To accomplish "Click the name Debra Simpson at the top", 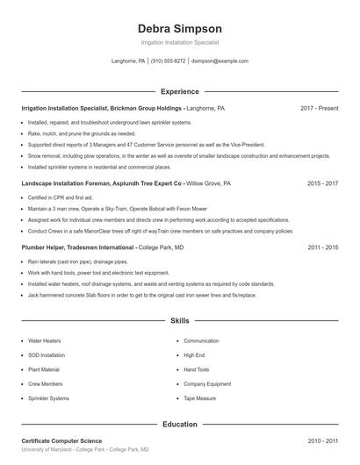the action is (x=179, y=28).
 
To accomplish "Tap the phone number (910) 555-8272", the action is (x=169, y=61).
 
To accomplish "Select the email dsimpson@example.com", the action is (x=220, y=61).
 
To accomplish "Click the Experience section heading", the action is (x=179, y=91).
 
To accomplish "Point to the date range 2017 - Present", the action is (x=319, y=108).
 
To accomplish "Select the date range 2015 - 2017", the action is (x=322, y=184).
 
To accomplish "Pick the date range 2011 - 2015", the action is (x=322, y=248).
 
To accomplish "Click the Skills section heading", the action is (x=179, y=322).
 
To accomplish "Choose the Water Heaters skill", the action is (x=45, y=340).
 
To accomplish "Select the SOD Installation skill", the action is (x=47, y=355).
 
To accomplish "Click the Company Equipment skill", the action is (x=207, y=384).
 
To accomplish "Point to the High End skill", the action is (x=195, y=355).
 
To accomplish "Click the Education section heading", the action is (x=179, y=424).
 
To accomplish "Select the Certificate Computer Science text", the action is (x=61, y=440).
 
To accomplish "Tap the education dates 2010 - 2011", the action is (x=322, y=440).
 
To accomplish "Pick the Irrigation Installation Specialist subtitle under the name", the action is (x=179, y=42).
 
